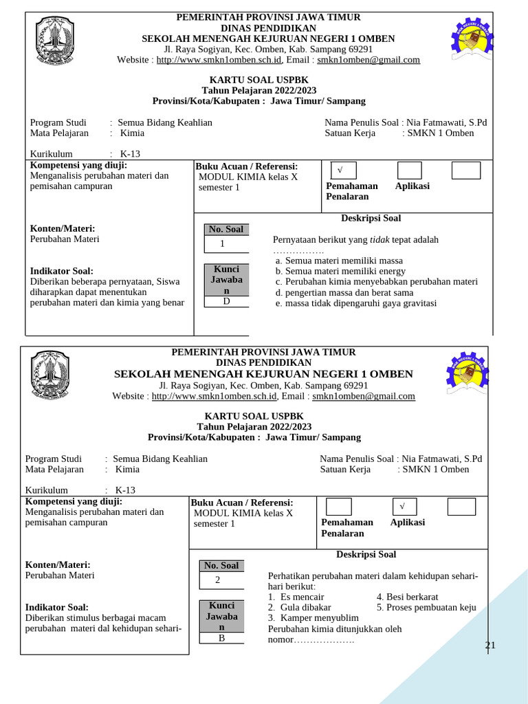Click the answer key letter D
pos(225,300)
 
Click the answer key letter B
pos(222,637)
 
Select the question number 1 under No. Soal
pos(222,244)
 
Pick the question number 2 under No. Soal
pos(217,580)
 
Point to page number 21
pos(490,645)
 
